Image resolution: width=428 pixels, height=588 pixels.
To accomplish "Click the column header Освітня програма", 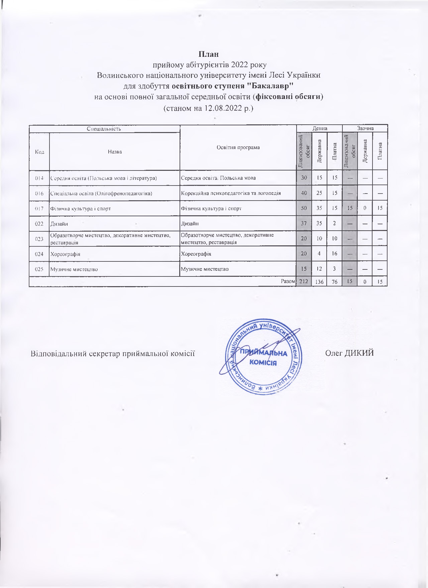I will click(x=238, y=147).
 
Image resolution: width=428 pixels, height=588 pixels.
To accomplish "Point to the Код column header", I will click(x=39, y=152).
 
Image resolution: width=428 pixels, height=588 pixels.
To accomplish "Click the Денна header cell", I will click(x=319, y=128).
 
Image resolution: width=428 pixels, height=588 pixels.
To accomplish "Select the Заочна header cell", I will click(x=365, y=128).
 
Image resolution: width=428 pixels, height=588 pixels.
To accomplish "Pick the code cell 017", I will click(x=39, y=209).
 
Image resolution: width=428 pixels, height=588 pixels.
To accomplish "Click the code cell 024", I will click(x=39, y=254).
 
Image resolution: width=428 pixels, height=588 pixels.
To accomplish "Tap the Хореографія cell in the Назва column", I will click(x=65, y=254).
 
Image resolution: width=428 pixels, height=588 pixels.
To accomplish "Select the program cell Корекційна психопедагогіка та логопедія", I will click(x=231, y=193).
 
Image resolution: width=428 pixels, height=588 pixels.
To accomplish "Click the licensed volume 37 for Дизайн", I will click(x=304, y=223).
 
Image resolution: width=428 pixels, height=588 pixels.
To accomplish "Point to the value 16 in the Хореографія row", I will click(x=334, y=254).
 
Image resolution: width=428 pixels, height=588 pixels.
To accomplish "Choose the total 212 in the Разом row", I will click(x=304, y=281).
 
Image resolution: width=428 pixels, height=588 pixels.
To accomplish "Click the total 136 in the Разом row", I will click(x=319, y=282).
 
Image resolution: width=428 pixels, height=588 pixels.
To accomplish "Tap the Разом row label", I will click(x=288, y=281).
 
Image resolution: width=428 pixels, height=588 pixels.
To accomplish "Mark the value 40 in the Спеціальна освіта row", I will click(x=304, y=193).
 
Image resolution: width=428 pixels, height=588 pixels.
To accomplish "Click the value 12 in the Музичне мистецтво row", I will click(x=319, y=269).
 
